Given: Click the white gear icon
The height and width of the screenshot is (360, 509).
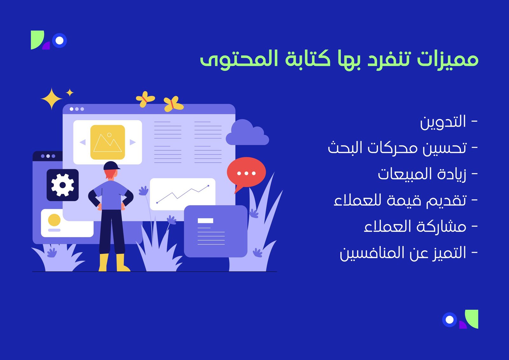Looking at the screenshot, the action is point(62,185).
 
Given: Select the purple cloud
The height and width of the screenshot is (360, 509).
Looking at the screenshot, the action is point(247,132).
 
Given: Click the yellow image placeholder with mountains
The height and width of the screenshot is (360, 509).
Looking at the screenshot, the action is point(108,142).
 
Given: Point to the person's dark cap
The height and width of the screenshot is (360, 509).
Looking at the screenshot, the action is point(111,166).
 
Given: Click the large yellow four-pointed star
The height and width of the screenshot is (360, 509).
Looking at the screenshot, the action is point(52,99).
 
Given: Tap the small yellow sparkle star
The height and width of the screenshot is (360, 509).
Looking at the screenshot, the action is point(70,93).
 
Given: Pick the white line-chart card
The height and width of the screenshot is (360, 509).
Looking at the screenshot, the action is point(183,194).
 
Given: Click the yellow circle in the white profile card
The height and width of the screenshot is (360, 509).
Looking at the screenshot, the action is point(54,220).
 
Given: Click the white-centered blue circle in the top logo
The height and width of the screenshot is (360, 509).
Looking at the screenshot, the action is point(59,40).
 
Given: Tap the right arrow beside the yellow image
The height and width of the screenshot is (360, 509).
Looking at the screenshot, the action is point(133,142).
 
